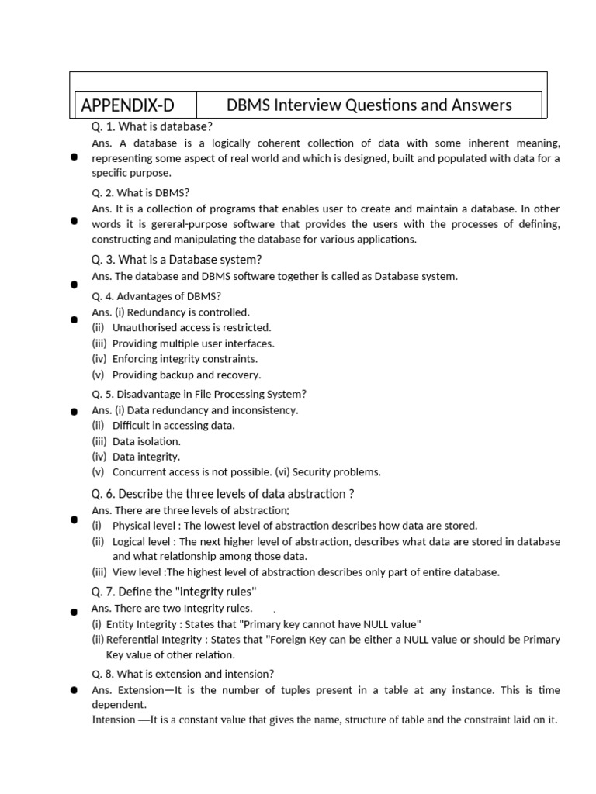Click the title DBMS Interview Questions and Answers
click(369, 105)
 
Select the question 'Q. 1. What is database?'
click(152, 126)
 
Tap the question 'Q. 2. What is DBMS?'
click(140, 193)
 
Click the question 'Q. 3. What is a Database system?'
click(177, 260)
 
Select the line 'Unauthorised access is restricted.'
click(192, 328)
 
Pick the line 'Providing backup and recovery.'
click(186, 375)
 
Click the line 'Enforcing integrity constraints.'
click(185, 359)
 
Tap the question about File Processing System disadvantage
click(199, 394)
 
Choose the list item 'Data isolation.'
click(147, 441)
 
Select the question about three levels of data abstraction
click(223, 494)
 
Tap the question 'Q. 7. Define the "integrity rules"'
click(174, 592)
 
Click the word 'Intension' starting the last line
click(113, 720)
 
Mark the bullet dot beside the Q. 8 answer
click(74, 689)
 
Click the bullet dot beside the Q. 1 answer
click(74, 157)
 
